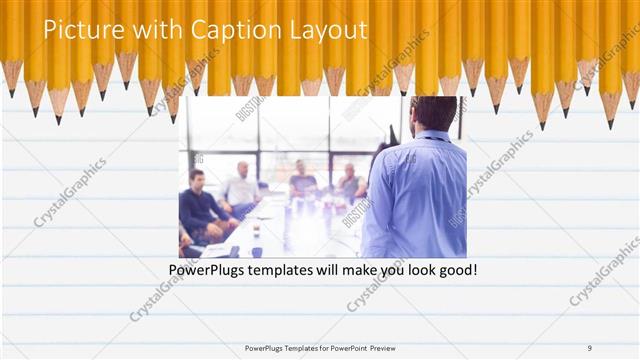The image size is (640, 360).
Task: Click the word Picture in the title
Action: (x=77, y=31)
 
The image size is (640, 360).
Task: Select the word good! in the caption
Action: (x=454, y=271)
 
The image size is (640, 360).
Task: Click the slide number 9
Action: (x=590, y=348)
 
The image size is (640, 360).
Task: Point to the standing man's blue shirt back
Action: (x=415, y=195)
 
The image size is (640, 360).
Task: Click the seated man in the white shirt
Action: (x=243, y=189)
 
